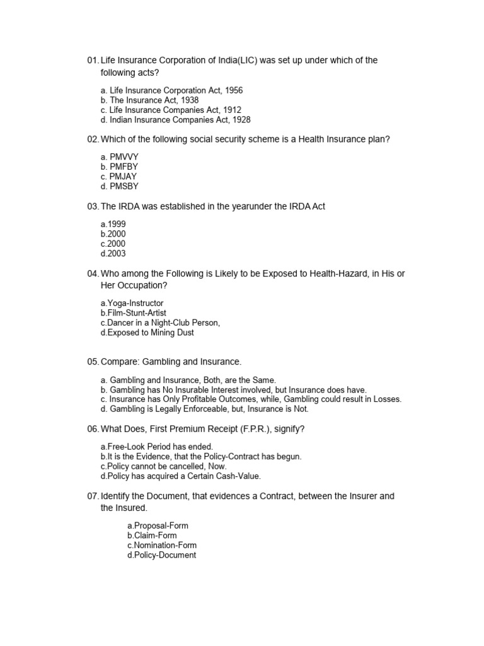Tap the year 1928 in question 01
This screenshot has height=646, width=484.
(241, 120)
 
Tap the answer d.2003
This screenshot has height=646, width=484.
(113, 254)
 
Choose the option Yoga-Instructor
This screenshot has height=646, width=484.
(132, 303)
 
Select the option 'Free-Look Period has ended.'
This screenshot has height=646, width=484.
(152, 447)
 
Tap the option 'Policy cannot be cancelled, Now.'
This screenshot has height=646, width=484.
(163, 466)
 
